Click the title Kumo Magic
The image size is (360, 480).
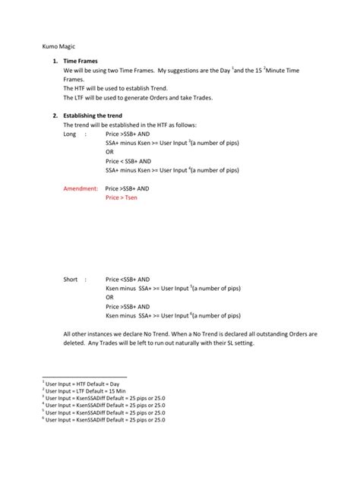coord(58,46)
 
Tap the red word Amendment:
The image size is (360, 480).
coord(80,188)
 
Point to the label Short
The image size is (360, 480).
coord(71,279)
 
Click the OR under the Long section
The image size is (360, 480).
coord(110,150)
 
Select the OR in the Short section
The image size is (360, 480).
coord(110,297)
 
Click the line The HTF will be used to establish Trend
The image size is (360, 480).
coord(122,88)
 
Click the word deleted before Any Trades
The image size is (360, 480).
coord(76,343)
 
